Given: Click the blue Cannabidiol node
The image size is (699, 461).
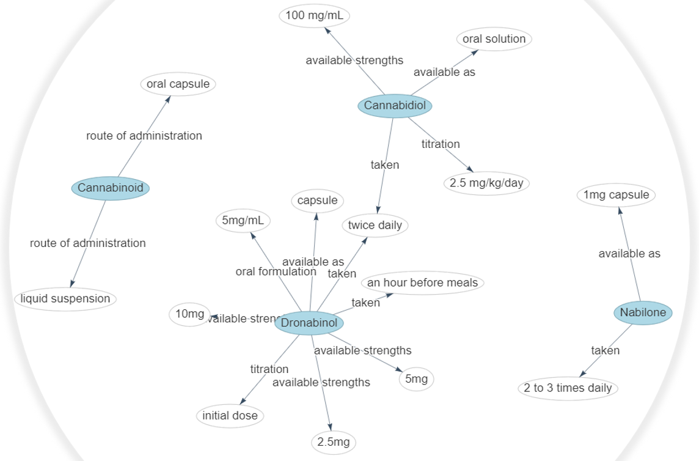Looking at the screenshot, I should (x=395, y=106).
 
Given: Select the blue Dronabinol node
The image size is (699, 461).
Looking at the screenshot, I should (x=309, y=323).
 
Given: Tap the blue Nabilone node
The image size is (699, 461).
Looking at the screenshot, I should (x=643, y=312).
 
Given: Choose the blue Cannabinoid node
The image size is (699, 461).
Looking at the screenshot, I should (x=111, y=188).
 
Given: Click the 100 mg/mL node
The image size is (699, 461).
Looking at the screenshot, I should (x=315, y=16).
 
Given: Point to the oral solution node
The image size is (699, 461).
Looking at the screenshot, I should (x=494, y=39).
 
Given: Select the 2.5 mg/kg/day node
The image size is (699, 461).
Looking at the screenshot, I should (x=486, y=183).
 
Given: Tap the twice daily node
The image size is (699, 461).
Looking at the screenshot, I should (x=375, y=225).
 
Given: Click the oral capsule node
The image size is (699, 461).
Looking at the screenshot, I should (x=178, y=84).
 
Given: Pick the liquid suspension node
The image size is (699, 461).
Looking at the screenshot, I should (x=65, y=299).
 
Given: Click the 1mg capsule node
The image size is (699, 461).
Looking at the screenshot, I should (x=617, y=195).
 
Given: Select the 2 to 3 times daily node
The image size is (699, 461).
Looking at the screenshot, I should (x=568, y=388).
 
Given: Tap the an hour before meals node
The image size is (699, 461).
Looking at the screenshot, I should (x=423, y=283).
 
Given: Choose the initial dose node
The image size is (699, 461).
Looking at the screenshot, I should (x=230, y=416).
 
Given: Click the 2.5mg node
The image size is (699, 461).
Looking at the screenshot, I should (x=334, y=442).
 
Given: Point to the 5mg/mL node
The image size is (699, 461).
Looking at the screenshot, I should (x=243, y=221).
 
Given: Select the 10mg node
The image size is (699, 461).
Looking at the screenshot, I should (x=189, y=314).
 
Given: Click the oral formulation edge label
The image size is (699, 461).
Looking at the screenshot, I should (x=276, y=271).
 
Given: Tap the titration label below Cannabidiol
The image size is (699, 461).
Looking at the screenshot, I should (x=441, y=144).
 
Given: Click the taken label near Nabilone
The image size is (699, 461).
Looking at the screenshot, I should (x=605, y=350).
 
